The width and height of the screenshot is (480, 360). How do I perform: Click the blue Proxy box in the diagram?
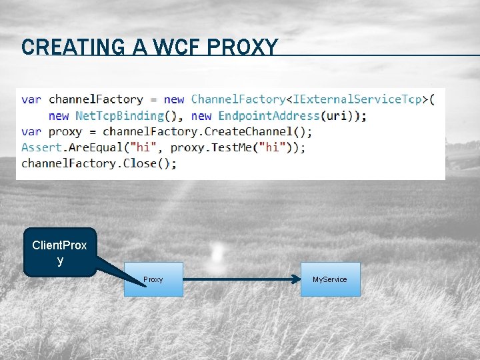pyautogui.click(x=153, y=279)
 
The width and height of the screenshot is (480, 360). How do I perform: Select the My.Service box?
pyautogui.click(x=330, y=279)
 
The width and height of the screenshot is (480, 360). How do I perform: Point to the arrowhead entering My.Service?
pyautogui.click(x=297, y=279)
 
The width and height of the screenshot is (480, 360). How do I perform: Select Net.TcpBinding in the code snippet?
pyautogui.click(x=120, y=115)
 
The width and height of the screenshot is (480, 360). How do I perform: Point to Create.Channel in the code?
pyautogui.click(x=248, y=131)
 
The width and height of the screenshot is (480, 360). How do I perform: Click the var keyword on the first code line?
pyautogui.click(x=31, y=99)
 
